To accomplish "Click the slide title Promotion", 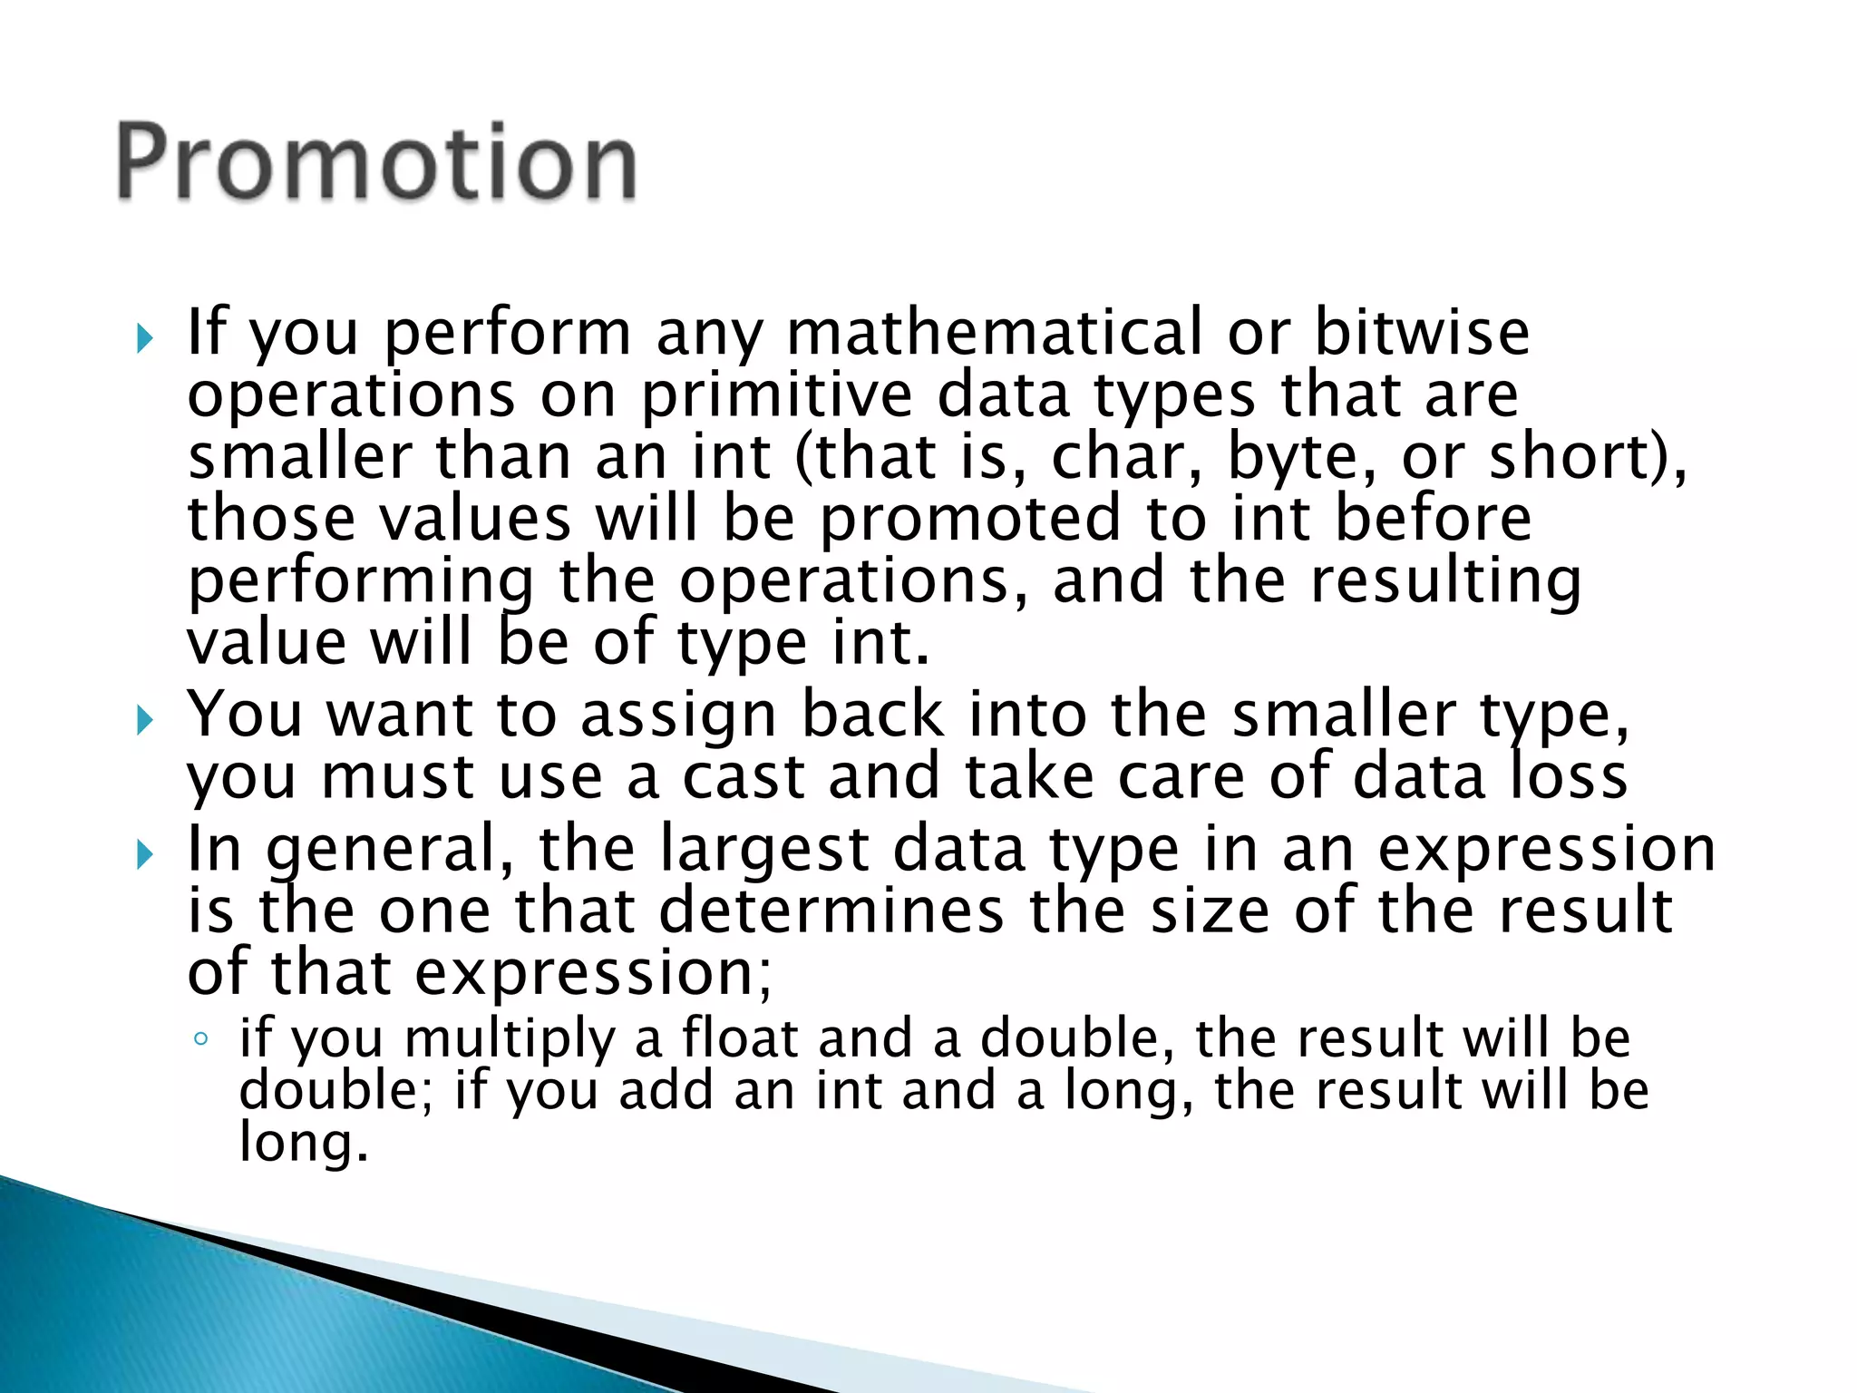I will point(376,163).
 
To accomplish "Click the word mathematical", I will point(994,333).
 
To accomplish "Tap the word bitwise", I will point(1422,333).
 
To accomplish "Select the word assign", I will point(679,716).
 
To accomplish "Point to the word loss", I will point(1569,777).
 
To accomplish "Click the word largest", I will point(764,850).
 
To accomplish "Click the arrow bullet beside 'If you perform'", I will point(144,339).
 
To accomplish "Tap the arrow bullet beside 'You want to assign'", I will point(144,722).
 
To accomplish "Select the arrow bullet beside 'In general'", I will point(144,854).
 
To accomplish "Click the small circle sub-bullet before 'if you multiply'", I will point(201,1039).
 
